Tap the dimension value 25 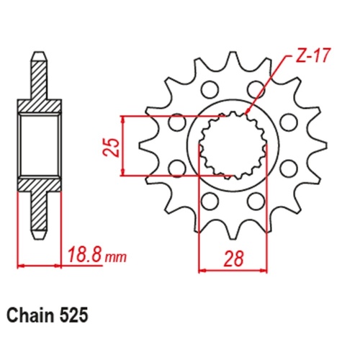point(110,146)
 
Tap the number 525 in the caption point(77,315)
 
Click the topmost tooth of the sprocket point(231,62)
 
